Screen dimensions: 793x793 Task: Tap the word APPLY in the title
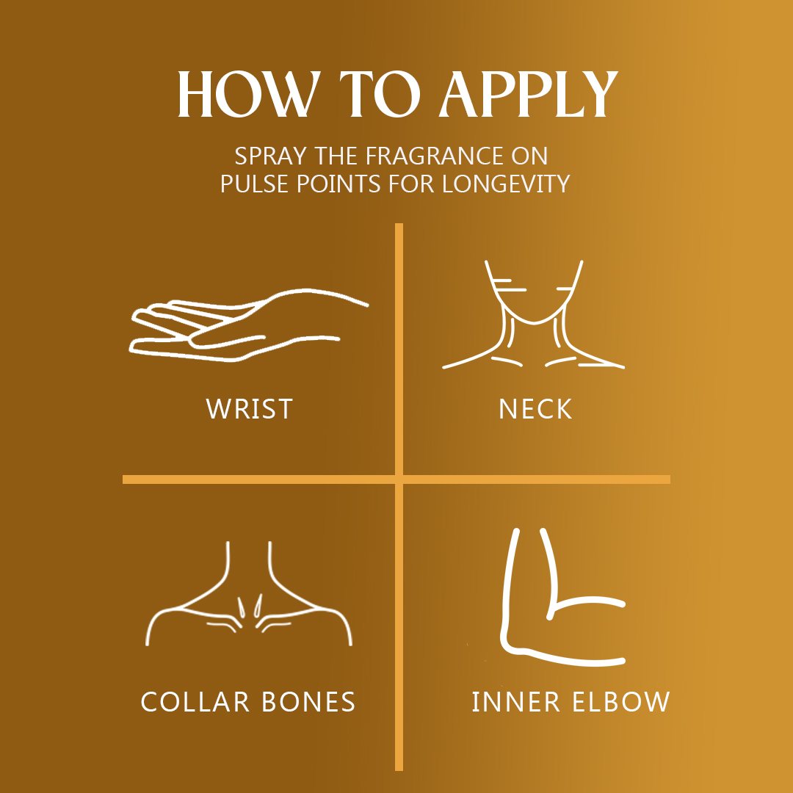pyautogui.click(x=528, y=94)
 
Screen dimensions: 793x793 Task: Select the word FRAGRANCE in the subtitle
pyautogui.click(x=434, y=156)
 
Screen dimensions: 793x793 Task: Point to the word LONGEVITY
pyautogui.click(x=506, y=184)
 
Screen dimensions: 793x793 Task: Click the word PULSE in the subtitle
pyautogui.click(x=256, y=184)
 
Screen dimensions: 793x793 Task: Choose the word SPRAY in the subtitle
pyautogui.click(x=270, y=156)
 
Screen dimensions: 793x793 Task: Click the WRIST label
pyautogui.click(x=250, y=409)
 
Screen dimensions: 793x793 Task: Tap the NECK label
pyautogui.click(x=535, y=409)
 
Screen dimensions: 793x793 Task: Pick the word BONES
pyautogui.click(x=308, y=701)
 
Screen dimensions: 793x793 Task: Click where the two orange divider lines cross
pyautogui.click(x=399, y=479)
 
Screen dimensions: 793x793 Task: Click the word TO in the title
pyautogui.click(x=380, y=94)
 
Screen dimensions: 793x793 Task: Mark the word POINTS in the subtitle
pyautogui.click(x=338, y=184)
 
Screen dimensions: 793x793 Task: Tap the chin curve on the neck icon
pyautogui.click(x=534, y=322)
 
